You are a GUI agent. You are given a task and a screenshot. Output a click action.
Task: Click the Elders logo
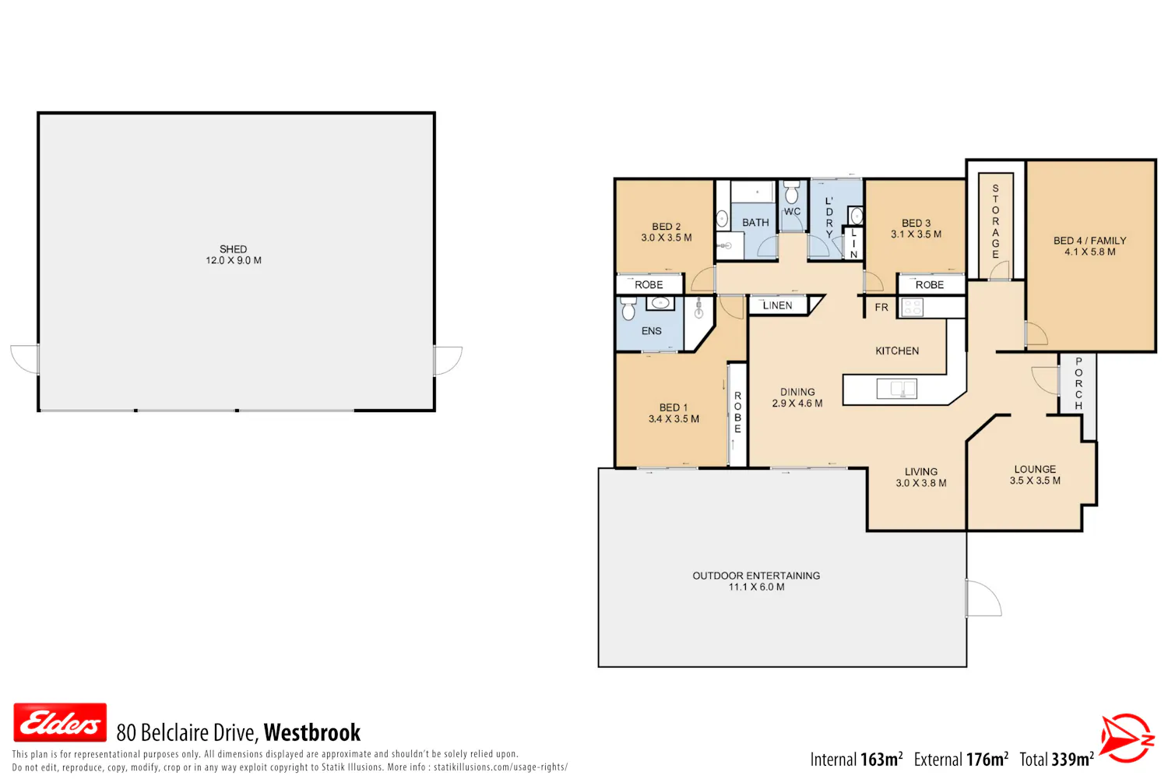(x=60, y=722)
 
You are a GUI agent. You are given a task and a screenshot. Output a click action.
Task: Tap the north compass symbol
(x=1126, y=738)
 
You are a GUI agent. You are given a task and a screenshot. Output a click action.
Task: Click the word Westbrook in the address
(x=311, y=732)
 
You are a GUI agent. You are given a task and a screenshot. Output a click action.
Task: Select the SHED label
(x=233, y=249)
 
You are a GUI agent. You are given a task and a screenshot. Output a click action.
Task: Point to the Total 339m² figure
(x=1057, y=760)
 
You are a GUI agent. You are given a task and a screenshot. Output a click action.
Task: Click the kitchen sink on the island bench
(x=896, y=389)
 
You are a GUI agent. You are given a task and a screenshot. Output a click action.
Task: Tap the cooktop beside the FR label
(x=912, y=308)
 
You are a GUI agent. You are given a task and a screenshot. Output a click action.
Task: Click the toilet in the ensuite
(x=628, y=308)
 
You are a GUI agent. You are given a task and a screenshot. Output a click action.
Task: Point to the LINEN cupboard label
(x=777, y=305)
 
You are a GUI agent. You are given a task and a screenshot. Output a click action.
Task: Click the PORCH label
(x=1078, y=383)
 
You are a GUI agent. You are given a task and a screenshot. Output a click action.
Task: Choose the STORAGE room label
(x=995, y=221)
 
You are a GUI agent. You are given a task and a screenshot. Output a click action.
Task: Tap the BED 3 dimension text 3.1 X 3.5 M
(x=916, y=234)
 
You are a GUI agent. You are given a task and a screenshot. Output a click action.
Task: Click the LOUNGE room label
(x=1035, y=469)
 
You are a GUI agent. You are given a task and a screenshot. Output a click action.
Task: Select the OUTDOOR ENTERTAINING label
(x=756, y=576)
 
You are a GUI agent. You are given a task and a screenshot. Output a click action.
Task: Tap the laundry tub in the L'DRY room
(x=856, y=215)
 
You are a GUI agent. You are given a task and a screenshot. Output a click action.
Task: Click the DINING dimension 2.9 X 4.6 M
(x=797, y=404)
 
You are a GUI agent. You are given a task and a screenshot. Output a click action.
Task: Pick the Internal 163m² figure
(x=857, y=760)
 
